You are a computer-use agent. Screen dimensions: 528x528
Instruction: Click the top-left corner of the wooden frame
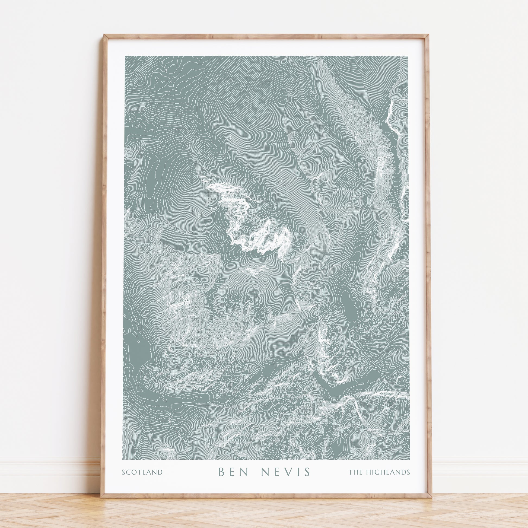(104, 35)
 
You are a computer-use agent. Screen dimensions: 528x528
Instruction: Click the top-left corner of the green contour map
(125, 56)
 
